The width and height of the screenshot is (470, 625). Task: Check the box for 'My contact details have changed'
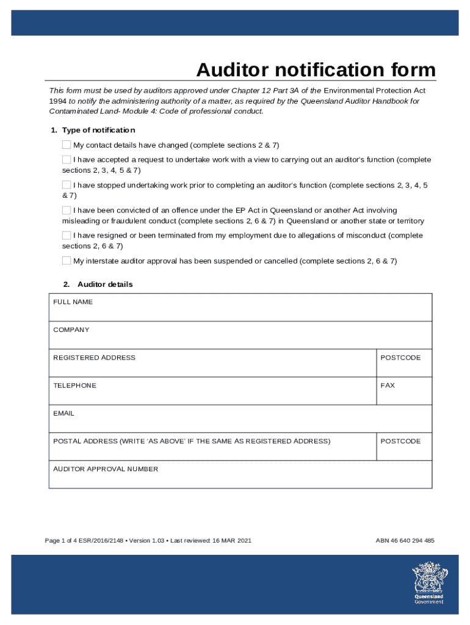tap(67, 145)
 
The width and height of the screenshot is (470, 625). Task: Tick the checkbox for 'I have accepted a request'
tap(67, 159)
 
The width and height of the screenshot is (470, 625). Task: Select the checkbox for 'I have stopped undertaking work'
tap(67, 184)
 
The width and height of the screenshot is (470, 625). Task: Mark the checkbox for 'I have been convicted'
tap(67, 210)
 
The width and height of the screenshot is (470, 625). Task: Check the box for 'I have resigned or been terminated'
tap(67, 235)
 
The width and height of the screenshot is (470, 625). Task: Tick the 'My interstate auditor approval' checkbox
tap(67, 261)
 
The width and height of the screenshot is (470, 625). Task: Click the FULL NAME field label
tap(73, 302)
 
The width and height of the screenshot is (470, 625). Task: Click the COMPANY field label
tap(71, 330)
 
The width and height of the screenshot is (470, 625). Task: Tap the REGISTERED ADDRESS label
tap(94, 358)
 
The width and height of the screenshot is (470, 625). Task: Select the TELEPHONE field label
tap(74, 386)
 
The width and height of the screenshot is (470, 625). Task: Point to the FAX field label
tap(388, 386)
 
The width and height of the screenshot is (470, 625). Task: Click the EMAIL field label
tap(63, 413)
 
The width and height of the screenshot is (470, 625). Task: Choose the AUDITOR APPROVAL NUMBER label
tap(106, 469)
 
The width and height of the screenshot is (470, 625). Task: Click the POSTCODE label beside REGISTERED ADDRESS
tap(400, 358)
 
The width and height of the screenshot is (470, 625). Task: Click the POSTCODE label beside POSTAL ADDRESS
tap(400, 441)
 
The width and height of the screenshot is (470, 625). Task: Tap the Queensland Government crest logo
tap(428, 581)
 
